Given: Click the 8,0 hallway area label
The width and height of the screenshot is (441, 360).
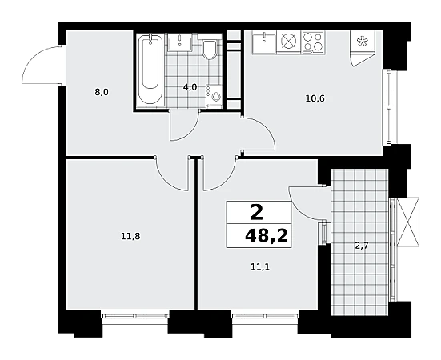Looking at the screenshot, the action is point(102,92).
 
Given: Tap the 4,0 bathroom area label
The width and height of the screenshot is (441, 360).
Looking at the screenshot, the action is point(190,87).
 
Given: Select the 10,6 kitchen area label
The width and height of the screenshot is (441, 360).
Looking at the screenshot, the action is point(315,98).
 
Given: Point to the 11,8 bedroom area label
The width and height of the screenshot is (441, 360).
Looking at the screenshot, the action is point(130,237).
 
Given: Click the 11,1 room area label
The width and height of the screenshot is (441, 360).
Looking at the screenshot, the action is point(260,267).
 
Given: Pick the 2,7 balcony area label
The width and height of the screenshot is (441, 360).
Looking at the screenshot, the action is point(362,246).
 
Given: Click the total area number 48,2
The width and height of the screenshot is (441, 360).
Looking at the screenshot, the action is point(267,235).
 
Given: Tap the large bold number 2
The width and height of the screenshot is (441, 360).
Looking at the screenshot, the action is point(257,213).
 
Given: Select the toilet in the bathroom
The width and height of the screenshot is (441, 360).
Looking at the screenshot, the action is point(209,50).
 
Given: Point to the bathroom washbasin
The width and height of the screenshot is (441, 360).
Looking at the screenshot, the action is point(180,42).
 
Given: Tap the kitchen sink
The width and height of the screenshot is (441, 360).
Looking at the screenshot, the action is point(264,42).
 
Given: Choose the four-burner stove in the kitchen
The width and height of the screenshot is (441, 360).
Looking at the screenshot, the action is point(313,42).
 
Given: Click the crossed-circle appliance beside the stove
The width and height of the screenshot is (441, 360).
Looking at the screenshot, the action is point(289,42).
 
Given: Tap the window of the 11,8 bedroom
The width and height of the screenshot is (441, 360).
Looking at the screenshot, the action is point(135,315).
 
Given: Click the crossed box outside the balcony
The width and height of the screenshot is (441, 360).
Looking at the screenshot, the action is point(408,222).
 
